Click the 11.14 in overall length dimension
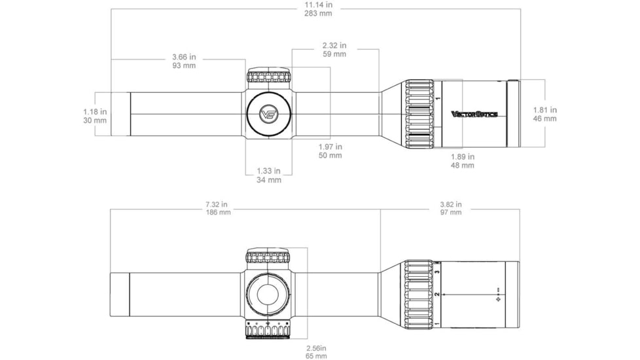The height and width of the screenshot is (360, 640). tap(319, 9)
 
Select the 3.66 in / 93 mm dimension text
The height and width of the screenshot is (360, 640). tap(184, 62)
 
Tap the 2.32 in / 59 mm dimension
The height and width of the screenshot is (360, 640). tap(334, 50)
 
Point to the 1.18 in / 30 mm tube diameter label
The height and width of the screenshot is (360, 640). tap(95, 116)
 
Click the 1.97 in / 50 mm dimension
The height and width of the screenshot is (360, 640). tap(330, 151)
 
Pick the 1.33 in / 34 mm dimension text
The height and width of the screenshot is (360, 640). tap(268, 175)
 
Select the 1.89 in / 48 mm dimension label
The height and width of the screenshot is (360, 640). tap(463, 161)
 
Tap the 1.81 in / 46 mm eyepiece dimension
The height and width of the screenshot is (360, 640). tap(545, 115)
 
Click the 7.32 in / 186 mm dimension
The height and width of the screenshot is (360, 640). tap(219, 208)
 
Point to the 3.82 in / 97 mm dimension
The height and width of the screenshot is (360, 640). tap(451, 208)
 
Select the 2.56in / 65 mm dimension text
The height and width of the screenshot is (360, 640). tap(316, 352)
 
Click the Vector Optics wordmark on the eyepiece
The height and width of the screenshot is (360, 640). tap(474, 114)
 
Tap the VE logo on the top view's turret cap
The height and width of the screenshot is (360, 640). tap(268, 114)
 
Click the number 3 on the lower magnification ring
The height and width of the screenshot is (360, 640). tap(437, 272)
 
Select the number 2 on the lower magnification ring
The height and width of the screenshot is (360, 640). tap(437, 294)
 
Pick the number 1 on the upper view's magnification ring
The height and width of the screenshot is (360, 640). tap(438, 98)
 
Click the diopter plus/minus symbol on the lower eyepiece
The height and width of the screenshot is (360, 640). tap(497, 295)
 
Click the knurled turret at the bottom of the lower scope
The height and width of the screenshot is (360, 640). tap(268, 329)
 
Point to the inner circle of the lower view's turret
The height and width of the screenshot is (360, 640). tap(268, 294)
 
